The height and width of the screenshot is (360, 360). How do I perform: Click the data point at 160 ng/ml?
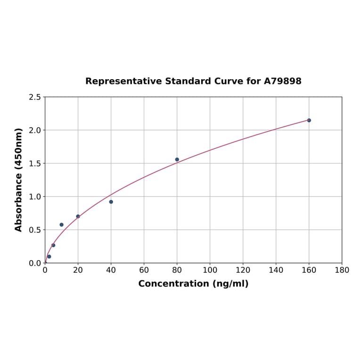(x=309, y=120)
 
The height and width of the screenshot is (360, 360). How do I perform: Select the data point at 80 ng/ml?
(x=177, y=159)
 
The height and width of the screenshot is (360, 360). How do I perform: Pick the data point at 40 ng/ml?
(x=111, y=202)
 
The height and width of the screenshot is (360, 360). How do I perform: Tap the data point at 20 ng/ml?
(x=78, y=216)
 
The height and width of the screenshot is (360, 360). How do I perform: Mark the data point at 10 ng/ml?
(x=62, y=225)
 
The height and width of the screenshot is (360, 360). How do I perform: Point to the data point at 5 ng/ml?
(x=53, y=245)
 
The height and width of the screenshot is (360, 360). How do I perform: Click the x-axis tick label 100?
(x=210, y=270)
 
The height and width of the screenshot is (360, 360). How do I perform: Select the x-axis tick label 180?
(x=342, y=270)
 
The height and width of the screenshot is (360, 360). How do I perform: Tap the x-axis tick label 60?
(x=144, y=270)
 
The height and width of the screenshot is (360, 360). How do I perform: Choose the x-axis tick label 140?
(x=276, y=270)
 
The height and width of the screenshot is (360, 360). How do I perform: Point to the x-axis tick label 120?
(x=243, y=270)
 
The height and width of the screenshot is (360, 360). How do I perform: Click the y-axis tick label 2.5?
(x=35, y=97)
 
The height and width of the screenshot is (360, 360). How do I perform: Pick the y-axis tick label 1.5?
(x=35, y=164)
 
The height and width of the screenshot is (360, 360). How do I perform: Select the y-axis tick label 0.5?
(x=35, y=230)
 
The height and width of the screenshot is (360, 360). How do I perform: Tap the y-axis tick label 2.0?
(x=35, y=130)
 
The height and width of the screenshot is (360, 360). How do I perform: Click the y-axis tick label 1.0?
(x=35, y=196)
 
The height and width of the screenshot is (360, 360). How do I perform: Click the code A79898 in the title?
(x=283, y=82)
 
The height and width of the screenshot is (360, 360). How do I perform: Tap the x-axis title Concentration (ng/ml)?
(x=193, y=284)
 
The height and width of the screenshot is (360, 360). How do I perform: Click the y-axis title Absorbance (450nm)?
(x=19, y=180)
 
